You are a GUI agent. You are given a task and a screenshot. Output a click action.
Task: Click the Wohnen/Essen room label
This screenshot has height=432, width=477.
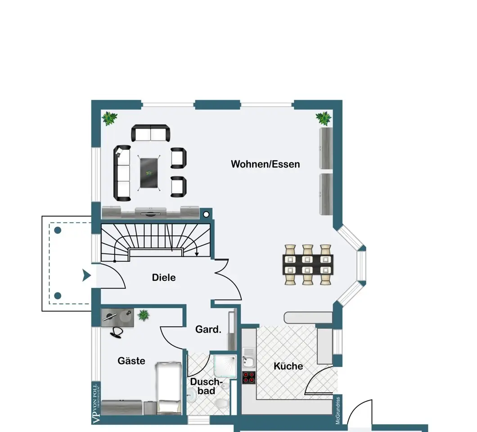pyautogui.click(x=265, y=164)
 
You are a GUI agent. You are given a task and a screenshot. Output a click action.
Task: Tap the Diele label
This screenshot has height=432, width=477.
pyautogui.click(x=164, y=278)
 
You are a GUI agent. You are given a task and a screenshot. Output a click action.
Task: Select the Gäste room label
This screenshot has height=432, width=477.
pyautogui.click(x=131, y=361)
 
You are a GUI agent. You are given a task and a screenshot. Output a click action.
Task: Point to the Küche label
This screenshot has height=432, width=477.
pyautogui.click(x=288, y=366)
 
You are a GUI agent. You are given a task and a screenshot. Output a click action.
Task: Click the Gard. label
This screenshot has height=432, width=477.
pyautogui.click(x=208, y=329)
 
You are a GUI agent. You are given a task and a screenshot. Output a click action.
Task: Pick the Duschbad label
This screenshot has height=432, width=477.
pyautogui.click(x=206, y=387)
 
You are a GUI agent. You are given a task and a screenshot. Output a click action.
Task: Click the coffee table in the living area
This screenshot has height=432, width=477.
pyautogui.click(x=149, y=173)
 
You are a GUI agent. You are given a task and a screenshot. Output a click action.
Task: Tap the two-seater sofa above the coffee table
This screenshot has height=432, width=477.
pyautogui.click(x=151, y=133)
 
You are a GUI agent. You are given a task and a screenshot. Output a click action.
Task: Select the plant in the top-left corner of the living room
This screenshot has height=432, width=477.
pyautogui.click(x=109, y=118)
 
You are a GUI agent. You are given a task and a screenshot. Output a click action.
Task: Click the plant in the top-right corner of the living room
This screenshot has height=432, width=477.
pyautogui.click(x=324, y=118)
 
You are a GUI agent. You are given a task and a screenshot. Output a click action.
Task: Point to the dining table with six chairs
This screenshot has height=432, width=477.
pyautogui.click(x=308, y=265)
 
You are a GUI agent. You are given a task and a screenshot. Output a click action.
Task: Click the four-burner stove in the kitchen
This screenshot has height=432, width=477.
pyautogui.click(x=248, y=378)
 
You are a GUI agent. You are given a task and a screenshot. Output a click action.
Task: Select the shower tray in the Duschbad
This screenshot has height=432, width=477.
pyautogui.click(x=225, y=366)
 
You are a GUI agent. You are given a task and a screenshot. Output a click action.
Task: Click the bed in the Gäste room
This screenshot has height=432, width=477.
pyautogui.click(x=169, y=388)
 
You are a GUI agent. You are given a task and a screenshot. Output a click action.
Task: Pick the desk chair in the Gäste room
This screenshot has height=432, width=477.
pyautogui.click(x=116, y=333)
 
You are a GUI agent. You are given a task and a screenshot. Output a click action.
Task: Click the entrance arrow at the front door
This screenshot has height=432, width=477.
pyautogui.click(x=87, y=275)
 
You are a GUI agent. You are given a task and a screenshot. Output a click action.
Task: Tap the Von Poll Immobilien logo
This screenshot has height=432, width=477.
pyautogui.click(x=96, y=404)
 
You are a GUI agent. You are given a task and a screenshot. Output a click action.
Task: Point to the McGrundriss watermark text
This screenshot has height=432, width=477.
pyautogui.click(x=337, y=410)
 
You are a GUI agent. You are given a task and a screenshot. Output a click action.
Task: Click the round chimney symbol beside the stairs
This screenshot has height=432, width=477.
pyautogui.click(x=206, y=215)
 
